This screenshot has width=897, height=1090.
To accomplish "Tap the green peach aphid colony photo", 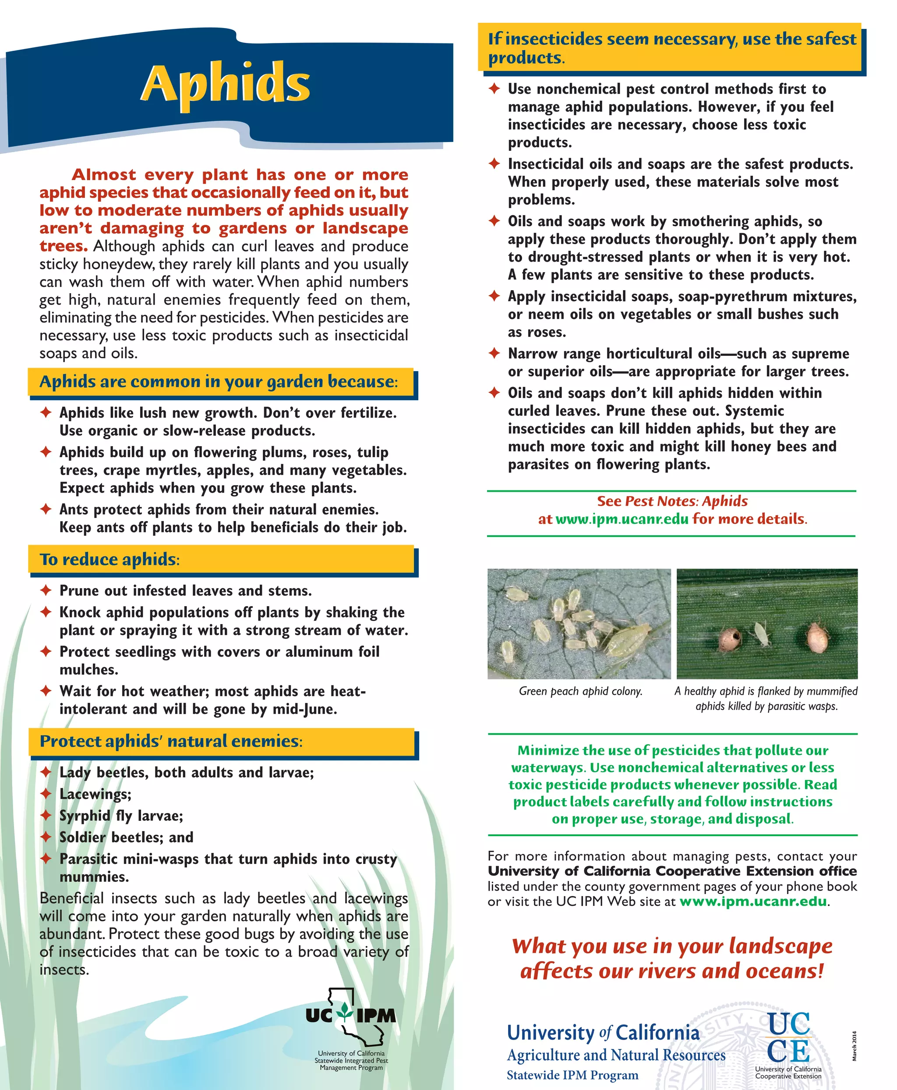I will click(x=579, y=624).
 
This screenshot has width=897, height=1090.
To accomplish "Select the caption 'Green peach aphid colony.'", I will click(x=581, y=691).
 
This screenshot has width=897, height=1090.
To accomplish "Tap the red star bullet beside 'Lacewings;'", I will click(x=46, y=794).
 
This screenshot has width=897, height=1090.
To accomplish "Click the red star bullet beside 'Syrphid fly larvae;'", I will click(x=46, y=816).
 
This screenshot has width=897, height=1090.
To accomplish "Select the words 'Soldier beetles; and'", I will click(x=127, y=837).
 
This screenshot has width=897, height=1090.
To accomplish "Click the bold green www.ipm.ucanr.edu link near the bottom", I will click(x=753, y=901).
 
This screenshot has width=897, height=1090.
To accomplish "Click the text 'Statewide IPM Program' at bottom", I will click(x=572, y=1075).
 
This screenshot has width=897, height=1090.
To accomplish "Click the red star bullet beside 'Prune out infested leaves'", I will click(x=46, y=590).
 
